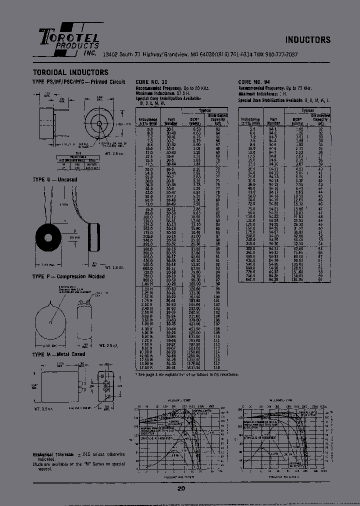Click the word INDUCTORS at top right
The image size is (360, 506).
[x=308, y=40]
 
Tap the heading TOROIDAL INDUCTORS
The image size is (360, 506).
[x=70, y=72]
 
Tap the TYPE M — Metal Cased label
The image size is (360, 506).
[x=58, y=354]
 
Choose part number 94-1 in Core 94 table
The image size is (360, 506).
[x=273, y=128]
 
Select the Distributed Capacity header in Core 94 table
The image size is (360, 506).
[x=320, y=118]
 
